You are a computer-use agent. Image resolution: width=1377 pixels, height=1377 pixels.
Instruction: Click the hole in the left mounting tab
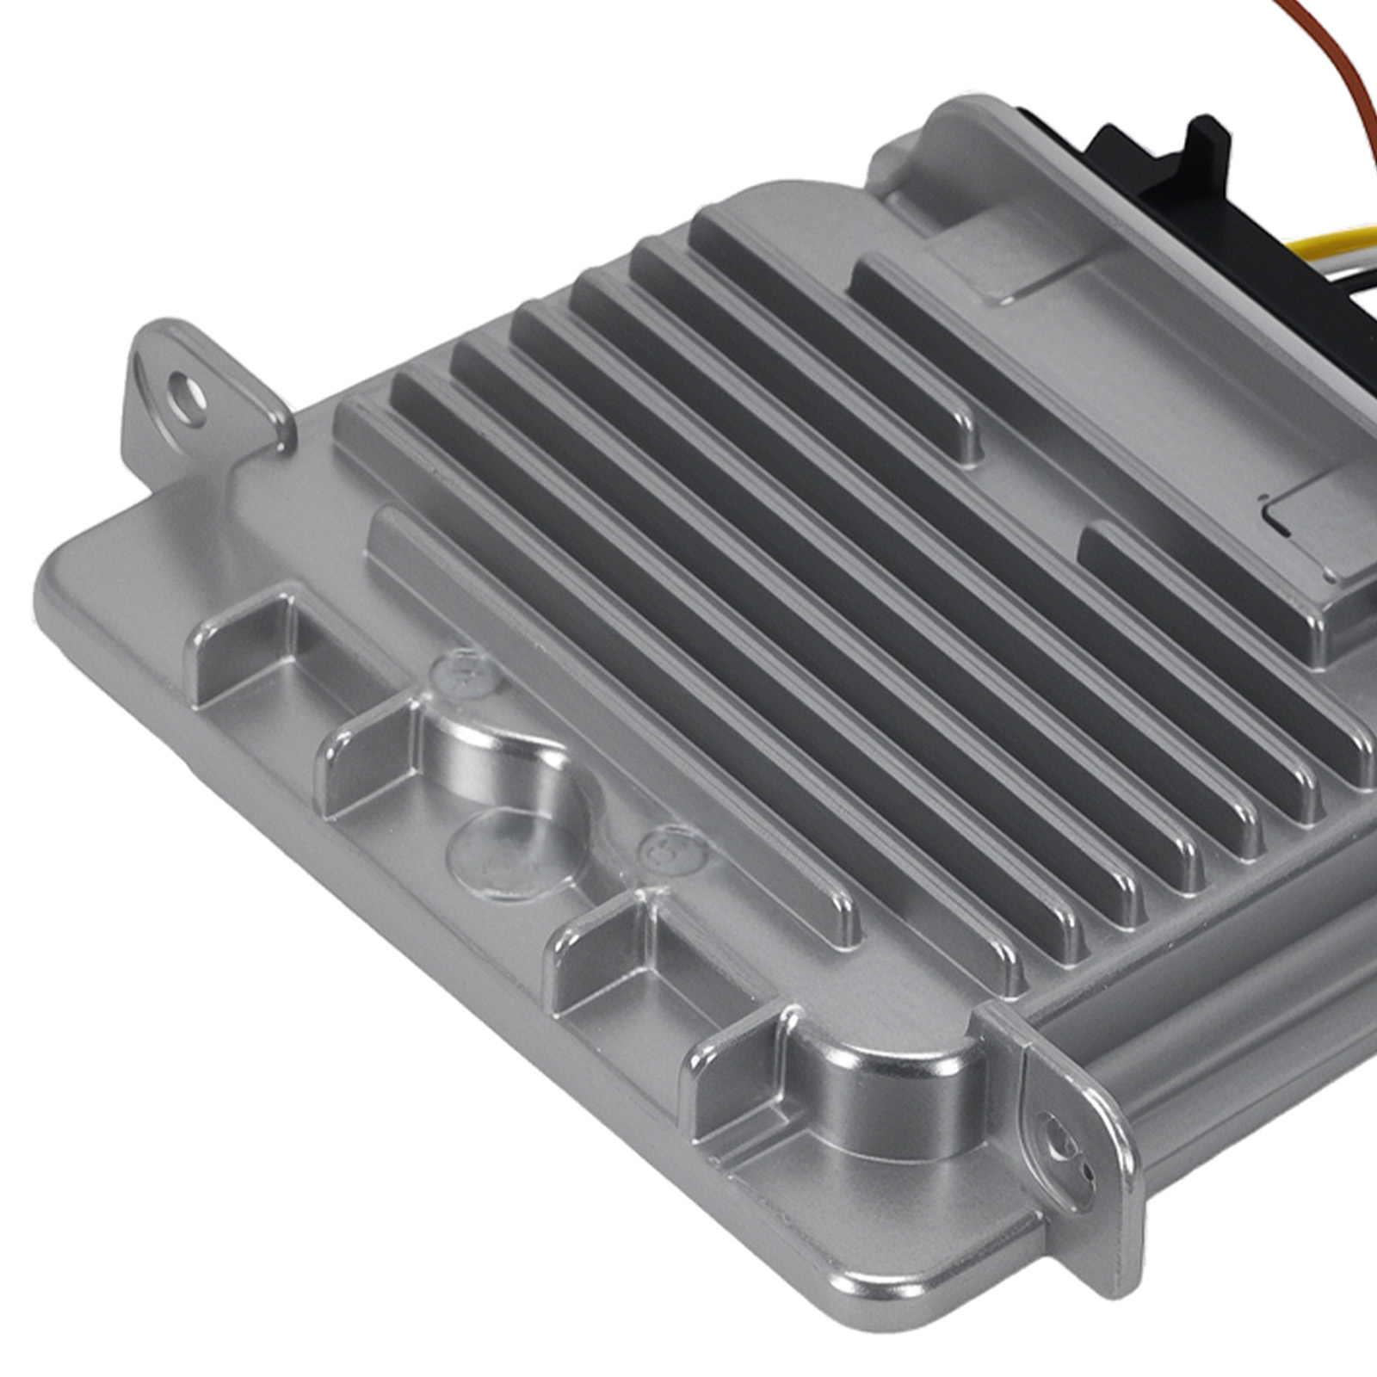188,397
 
